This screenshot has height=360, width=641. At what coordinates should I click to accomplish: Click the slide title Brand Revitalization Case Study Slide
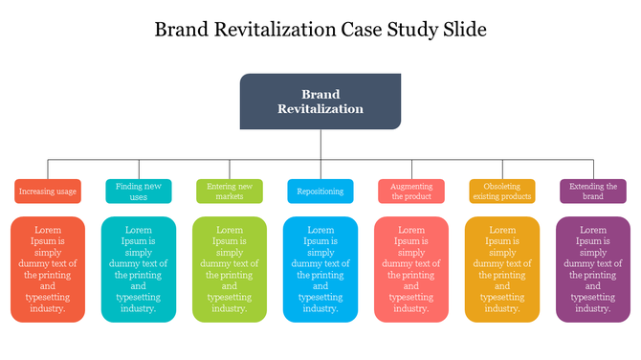[320, 30]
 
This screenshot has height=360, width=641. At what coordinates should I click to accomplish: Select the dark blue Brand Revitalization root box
[320, 101]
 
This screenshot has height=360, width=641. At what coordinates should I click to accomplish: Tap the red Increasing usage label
[48, 191]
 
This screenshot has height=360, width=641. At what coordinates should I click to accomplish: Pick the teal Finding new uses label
[139, 191]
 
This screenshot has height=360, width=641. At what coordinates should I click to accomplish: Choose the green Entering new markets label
[230, 191]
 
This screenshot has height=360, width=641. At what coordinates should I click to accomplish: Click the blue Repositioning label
[320, 191]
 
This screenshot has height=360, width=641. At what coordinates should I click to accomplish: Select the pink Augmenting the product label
[411, 191]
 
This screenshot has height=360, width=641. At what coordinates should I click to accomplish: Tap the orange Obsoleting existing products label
[502, 191]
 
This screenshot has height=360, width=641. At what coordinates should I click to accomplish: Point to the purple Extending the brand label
[593, 191]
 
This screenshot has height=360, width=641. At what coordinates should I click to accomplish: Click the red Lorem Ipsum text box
[48, 269]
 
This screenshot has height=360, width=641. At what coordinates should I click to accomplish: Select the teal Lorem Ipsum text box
[139, 269]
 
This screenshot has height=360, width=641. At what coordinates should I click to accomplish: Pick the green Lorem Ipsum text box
[230, 269]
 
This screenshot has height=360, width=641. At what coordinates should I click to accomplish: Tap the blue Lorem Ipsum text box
[320, 269]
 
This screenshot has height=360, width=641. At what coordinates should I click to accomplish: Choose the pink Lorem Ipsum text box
[411, 269]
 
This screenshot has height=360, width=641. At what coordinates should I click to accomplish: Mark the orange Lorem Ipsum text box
[502, 269]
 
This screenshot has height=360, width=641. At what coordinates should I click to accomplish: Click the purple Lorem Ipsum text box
[593, 269]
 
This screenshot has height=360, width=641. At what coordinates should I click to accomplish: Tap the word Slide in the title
[463, 30]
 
